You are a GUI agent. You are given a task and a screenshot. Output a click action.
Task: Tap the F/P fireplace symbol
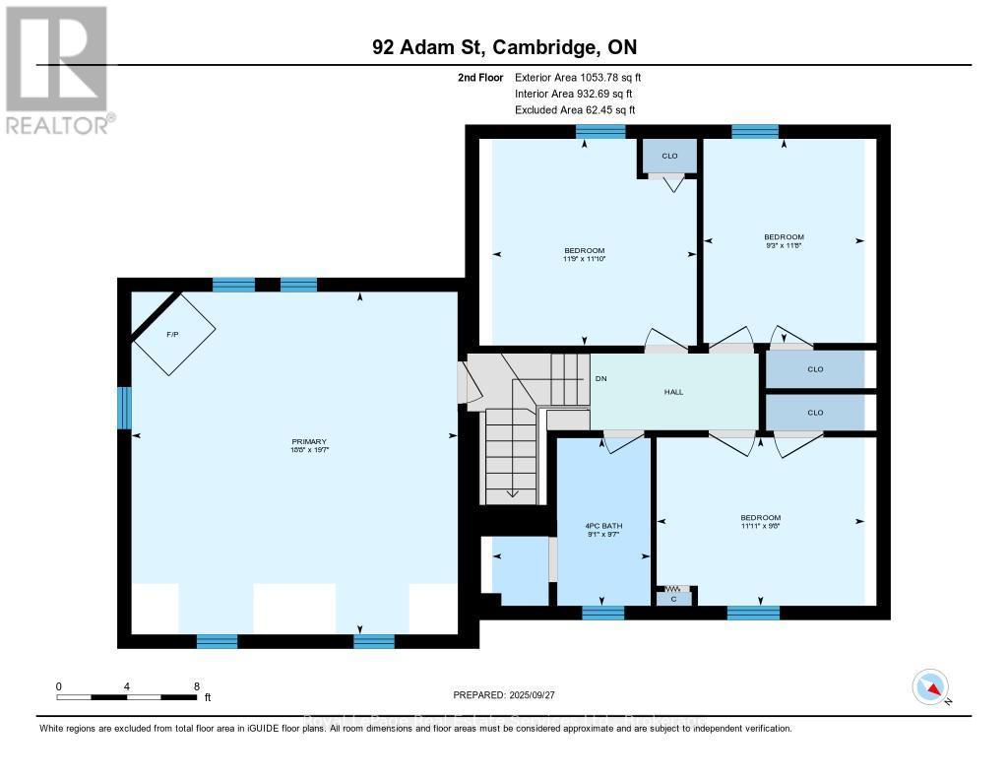[173, 335]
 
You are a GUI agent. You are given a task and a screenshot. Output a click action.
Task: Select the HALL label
[673, 391]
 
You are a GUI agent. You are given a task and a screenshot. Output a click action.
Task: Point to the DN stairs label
[599, 379]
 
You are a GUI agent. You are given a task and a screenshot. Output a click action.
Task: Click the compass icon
[930, 686]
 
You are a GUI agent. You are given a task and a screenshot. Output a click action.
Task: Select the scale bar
[127, 697]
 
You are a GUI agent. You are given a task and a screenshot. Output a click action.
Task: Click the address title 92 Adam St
[511, 47]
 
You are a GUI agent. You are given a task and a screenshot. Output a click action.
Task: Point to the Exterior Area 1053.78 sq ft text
[579, 77]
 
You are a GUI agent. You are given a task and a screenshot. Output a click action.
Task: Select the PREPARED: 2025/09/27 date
[504, 694]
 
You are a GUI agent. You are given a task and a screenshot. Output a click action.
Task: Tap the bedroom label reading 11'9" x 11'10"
[584, 254]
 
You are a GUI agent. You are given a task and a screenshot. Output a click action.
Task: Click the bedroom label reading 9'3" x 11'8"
[784, 241]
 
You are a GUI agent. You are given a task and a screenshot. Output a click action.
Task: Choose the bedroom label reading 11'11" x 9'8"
[760, 522]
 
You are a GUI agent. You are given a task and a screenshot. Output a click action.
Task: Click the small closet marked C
[673, 597]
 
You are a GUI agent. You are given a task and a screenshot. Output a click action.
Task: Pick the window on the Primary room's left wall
[125, 408]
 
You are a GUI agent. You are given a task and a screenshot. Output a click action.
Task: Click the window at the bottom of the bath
[602, 613]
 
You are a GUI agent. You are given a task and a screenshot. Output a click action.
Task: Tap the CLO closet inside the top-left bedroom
[669, 156]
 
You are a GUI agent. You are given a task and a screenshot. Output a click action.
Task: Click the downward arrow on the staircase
[512, 492]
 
